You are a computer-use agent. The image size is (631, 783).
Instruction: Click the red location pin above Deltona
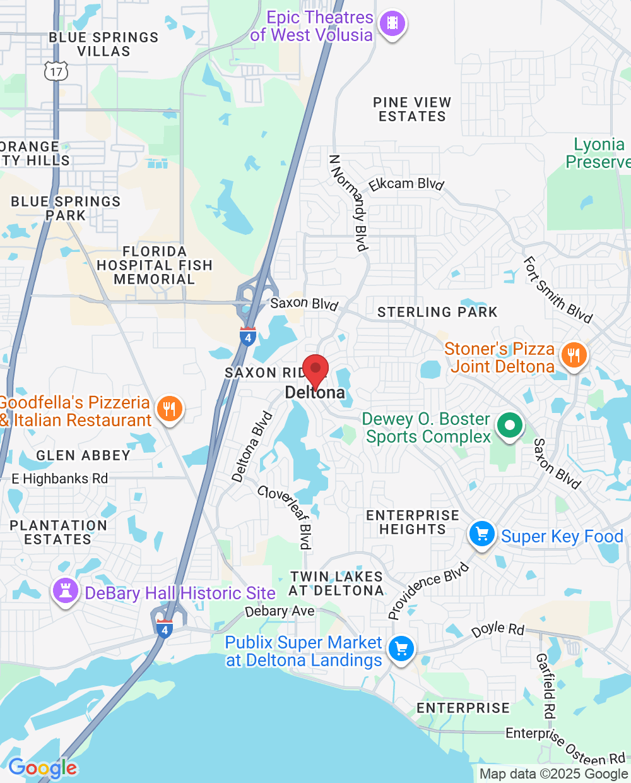click(x=315, y=370)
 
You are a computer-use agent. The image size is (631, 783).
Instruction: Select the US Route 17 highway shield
click(x=56, y=71)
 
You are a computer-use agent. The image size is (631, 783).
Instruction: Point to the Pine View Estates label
click(x=412, y=109)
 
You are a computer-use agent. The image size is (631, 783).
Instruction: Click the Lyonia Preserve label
click(x=598, y=153)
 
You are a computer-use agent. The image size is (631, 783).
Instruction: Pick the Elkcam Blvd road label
click(x=407, y=184)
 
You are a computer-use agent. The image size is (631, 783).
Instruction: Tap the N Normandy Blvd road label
click(x=348, y=203)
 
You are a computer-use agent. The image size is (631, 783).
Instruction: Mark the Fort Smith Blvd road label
click(x=558, y=290)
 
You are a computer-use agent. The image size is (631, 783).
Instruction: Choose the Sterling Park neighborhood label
click(x=437, y=312)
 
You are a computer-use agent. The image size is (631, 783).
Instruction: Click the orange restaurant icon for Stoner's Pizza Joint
click(x=574, y=356)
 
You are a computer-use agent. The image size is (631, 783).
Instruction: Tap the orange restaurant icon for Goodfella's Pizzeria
click(x=169, y=409)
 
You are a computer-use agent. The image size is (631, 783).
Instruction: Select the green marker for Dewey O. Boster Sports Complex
click(x=510, y=426)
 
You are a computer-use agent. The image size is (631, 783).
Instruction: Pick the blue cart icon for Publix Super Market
click(x=401, y=649)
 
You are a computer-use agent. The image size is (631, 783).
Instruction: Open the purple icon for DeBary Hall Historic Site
click(x=65, y=591)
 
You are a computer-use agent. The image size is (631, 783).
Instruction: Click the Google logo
click(x=42, y=768)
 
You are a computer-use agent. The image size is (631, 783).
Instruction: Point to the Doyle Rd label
click(x=498, y=630)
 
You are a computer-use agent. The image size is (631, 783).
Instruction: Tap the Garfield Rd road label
click(x=546, y=686)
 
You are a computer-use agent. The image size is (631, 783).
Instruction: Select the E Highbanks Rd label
click(x=60, y=479)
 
